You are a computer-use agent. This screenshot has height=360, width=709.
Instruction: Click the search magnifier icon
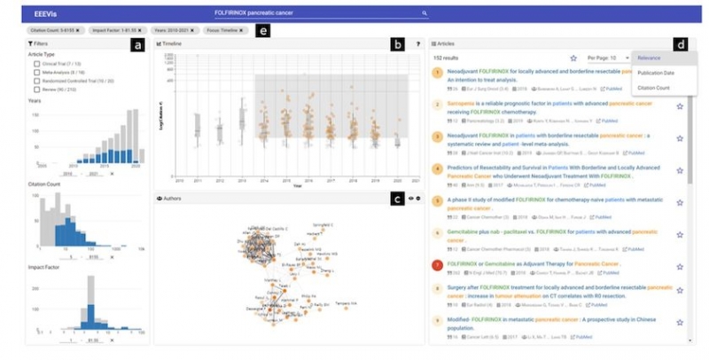(x=425, y=13)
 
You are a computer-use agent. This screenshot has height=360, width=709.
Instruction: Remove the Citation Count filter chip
(x=77, y=30)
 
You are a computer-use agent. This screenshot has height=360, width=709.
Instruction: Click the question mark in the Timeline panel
(x=417, y=43)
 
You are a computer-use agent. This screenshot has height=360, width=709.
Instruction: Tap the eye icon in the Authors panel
(x=409, y=198)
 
